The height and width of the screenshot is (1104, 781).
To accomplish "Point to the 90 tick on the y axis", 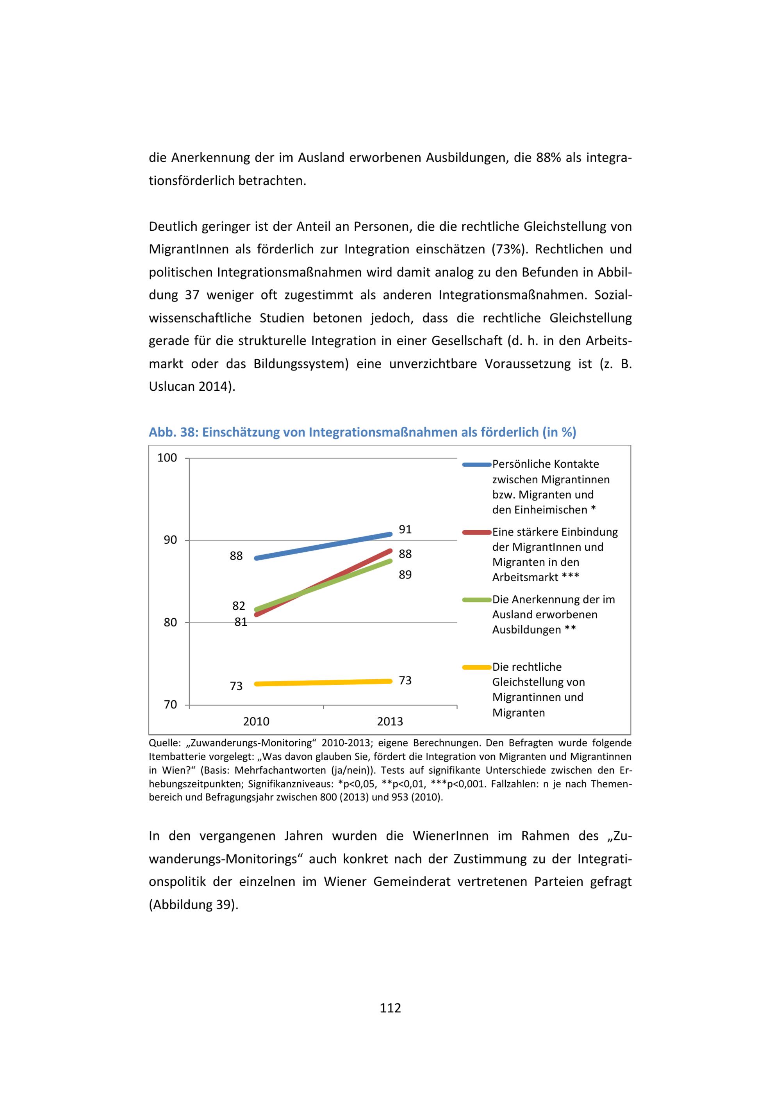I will pos(170,540).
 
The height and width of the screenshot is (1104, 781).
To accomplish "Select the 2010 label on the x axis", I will pos(256,721).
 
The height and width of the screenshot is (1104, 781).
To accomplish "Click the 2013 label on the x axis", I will pos(390,721).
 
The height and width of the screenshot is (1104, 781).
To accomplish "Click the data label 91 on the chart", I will pos(405,529).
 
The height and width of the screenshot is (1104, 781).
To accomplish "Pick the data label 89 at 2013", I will pos(405,575).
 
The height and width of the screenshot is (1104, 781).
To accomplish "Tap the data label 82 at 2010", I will pos(239,606).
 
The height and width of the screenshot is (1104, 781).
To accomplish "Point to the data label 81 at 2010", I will pos(241,622).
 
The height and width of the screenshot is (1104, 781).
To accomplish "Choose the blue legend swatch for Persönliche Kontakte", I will pos(476,465).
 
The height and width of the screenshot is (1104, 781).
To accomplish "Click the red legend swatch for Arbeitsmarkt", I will pos(476,532).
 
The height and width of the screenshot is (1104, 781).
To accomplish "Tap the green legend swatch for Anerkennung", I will pos(476,600).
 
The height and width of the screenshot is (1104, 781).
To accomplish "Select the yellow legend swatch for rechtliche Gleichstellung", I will pos(476,667).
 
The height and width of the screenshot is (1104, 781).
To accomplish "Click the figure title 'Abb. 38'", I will pos(173,432).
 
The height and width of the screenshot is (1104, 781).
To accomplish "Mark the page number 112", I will pos(390,1008).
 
